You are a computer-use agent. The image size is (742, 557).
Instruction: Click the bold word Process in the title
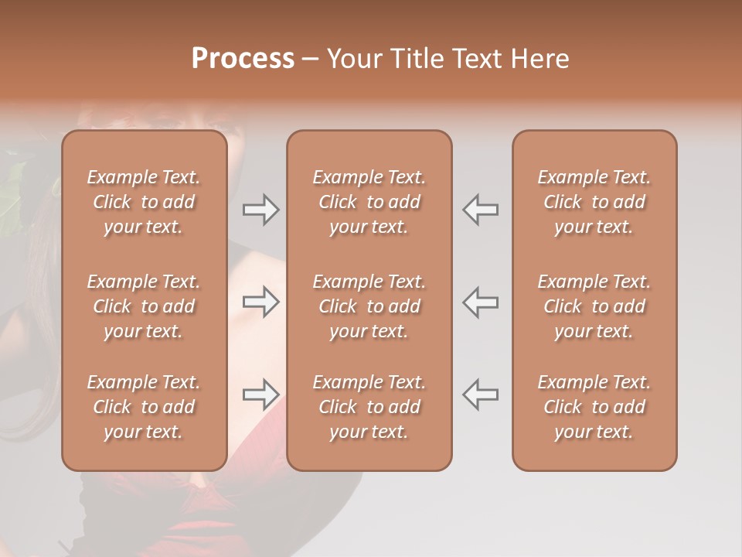click(x=243, y=59)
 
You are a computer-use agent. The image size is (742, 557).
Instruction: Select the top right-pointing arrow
click(x=261, y=210)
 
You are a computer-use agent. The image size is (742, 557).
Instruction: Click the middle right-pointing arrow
click(x=261, y=302)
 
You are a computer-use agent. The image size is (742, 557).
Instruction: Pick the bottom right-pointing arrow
click(x=261, y=395)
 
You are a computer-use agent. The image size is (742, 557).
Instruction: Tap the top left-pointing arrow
click(x=480, y=210)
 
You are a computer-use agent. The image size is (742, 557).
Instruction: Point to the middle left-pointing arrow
click(x=480, y=302)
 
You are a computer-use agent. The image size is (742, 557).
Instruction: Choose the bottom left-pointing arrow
click(x=480, y=395)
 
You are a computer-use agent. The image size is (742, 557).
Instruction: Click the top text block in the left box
click(x=144, y=202)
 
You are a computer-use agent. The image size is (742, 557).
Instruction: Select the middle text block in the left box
click(x=144, y=306)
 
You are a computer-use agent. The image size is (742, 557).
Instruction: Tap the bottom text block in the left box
click(x=144, y=407)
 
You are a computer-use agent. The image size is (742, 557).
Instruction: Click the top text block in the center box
click(x=369, y=202)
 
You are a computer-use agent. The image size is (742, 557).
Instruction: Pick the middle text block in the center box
click(x=369, y=306)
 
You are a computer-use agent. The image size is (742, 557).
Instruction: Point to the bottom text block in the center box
click(x=369, y=407)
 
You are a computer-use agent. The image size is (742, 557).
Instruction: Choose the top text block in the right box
click(x=594, y=202)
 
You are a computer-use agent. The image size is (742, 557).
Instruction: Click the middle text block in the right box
click(x=594, y=306)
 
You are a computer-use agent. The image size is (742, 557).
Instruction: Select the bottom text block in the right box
click(x=594, y=407)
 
